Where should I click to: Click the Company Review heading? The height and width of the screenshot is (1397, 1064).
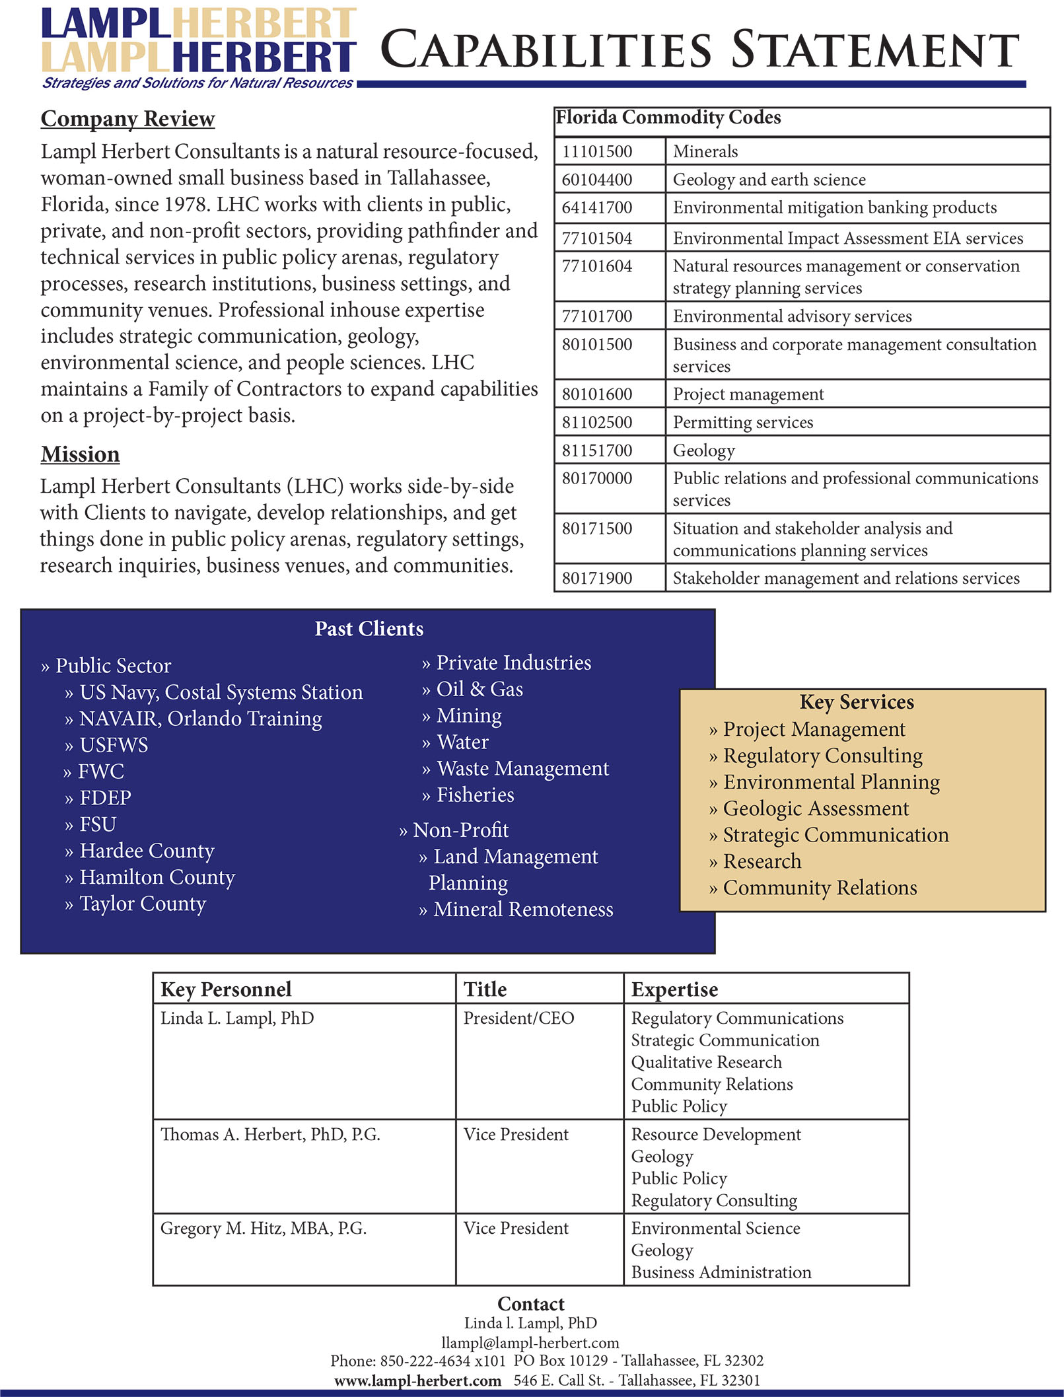point(127,119)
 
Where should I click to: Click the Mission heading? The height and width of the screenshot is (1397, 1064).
point(80,454)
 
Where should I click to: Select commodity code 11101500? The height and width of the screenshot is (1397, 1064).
point(597,151)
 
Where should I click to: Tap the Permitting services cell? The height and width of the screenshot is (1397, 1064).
point(742,422)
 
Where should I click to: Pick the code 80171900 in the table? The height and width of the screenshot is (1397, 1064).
point(597,579)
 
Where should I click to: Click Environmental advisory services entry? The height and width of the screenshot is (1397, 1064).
point(792,316)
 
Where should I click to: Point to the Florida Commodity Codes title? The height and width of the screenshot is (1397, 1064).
point(668,118)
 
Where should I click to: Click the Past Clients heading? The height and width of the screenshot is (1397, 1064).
point(369,628)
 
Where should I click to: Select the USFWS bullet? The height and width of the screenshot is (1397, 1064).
point(113,745)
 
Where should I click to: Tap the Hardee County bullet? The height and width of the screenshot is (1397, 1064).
point(146,851)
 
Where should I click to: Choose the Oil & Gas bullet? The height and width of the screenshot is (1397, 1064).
point(479,689)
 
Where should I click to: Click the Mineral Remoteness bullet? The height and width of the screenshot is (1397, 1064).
point(522,910)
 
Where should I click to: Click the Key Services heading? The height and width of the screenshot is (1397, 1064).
point(856,702)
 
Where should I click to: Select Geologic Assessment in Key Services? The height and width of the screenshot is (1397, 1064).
point(816,808)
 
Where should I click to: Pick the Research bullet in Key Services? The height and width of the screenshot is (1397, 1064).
point(762,861)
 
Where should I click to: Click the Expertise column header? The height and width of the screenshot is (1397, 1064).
point(674,989)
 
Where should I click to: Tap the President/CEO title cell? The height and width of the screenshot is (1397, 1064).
point(518,1018)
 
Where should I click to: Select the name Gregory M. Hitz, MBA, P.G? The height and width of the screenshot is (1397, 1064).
point(263,1228)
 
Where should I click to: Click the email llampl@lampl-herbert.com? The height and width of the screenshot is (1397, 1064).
point(530,1342)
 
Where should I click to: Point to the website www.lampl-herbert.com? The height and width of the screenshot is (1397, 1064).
point(417,1380)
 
